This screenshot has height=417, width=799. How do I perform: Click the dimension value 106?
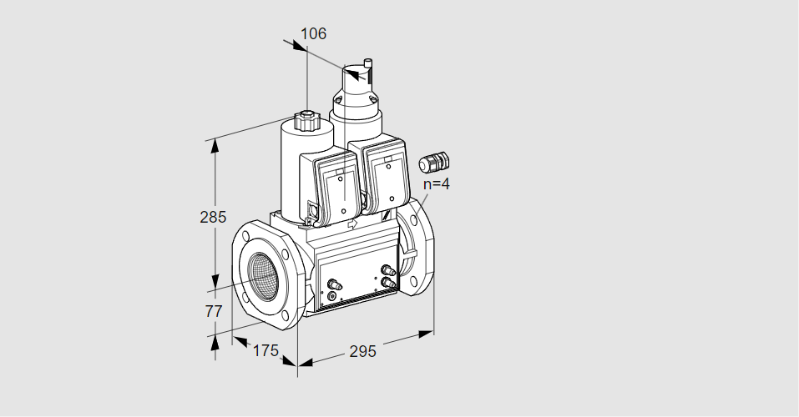[x=313, y=33]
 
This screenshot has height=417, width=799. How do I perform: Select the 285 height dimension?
[x=213, y=218]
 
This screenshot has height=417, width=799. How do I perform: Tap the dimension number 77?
[x=214, y=311]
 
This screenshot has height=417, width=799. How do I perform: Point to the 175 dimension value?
[x=265, y=350]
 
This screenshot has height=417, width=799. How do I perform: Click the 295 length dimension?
[x=363, y=351]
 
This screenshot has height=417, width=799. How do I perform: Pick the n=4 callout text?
[x=437, y=183]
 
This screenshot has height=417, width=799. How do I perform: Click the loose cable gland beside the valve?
[x=433, y=162]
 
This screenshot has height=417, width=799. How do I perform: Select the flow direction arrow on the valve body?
[x=352, y=224]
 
